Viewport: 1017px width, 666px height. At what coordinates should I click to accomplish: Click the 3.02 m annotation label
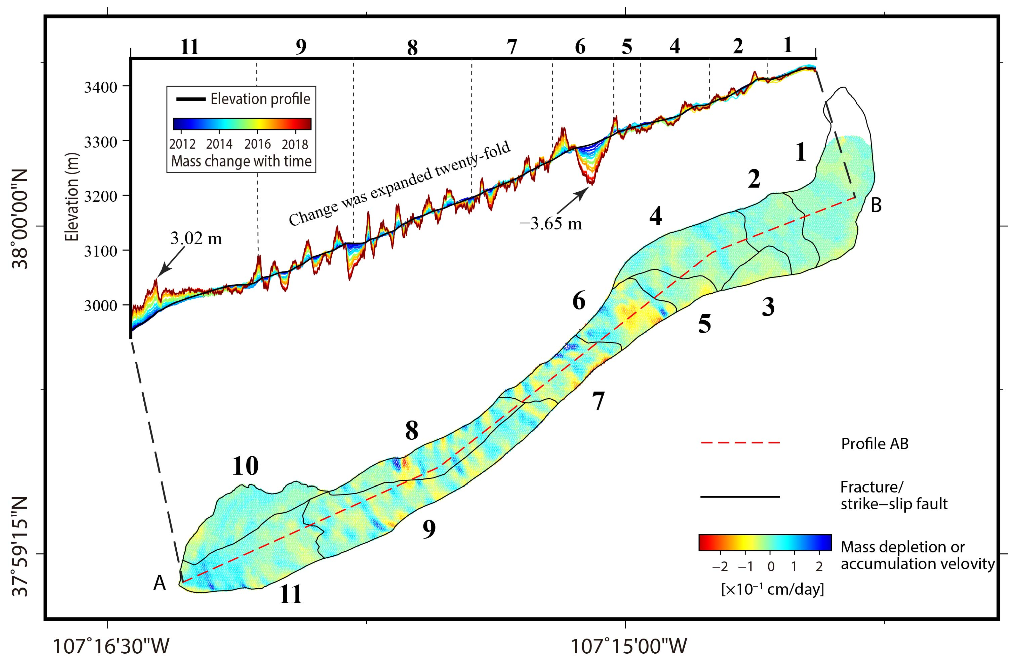pyautogui.click(x=196, y=238)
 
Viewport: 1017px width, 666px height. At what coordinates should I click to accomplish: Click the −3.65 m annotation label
pyautogui.click(x=550, y=223)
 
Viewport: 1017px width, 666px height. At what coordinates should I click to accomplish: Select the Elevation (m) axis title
pyautogui.click(x=72, y=197)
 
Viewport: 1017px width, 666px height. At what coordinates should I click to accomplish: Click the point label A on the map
pyautogui.click(x=159, y=583)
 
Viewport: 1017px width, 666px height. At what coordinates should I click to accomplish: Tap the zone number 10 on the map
pyautogui.click(x=245, y=466)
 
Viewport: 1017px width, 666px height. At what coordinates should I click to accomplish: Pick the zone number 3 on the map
pyautogui.click(x=768, y=307)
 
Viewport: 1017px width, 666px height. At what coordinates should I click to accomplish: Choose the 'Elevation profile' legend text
pyautogui.click(x=260, y=99)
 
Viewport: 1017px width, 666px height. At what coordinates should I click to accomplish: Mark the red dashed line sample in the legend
pyautogui.click(x=740, y=443)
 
